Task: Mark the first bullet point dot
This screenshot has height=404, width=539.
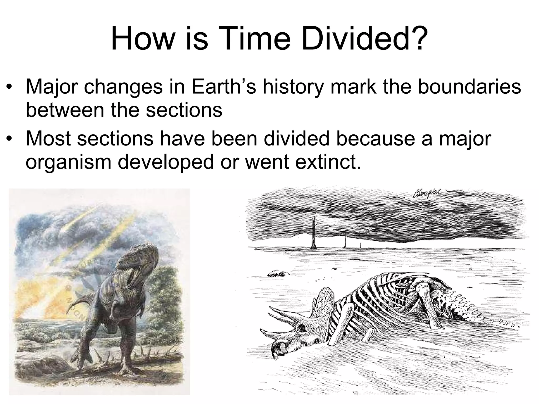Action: point(10,87)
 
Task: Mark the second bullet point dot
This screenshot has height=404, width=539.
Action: point(10,139)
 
